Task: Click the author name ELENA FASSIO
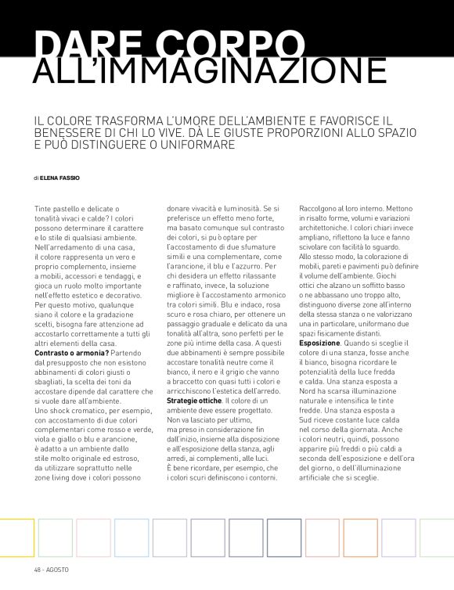(59, 178)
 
